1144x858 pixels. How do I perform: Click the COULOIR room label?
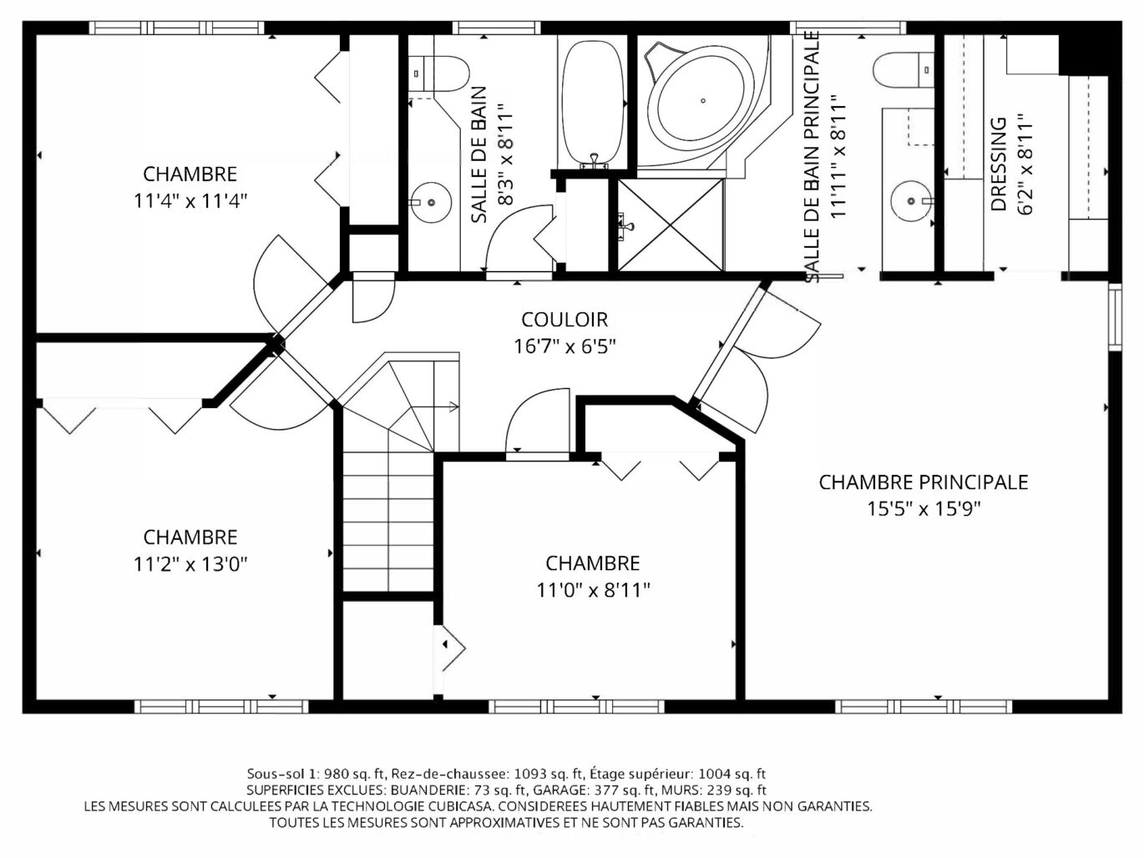(x=564, y=320)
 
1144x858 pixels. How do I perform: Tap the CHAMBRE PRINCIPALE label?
(x=923, y=482)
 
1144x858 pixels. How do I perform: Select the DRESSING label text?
(x=998, y=164)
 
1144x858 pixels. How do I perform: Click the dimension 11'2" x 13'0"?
(x=190, y=563)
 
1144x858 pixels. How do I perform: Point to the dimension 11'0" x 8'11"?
(x=593, y=590)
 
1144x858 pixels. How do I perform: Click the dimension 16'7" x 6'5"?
(x=565, y=346)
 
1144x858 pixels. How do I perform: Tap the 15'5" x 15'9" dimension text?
(x=924, y=508)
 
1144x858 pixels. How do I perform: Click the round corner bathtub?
(x=704, y=101)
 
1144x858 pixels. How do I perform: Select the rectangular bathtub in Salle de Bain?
(x=593, y=103)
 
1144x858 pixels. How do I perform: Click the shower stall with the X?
(x=671, y=225)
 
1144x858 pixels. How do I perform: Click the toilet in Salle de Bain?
(x=438, y=74)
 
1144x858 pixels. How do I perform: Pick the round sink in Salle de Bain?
(x=430, y=203)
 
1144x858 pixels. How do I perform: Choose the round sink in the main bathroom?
(x=912, y=201)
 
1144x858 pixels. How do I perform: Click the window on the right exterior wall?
(x=1115, y=316)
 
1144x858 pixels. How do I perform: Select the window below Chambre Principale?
(x=924, y=706)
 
